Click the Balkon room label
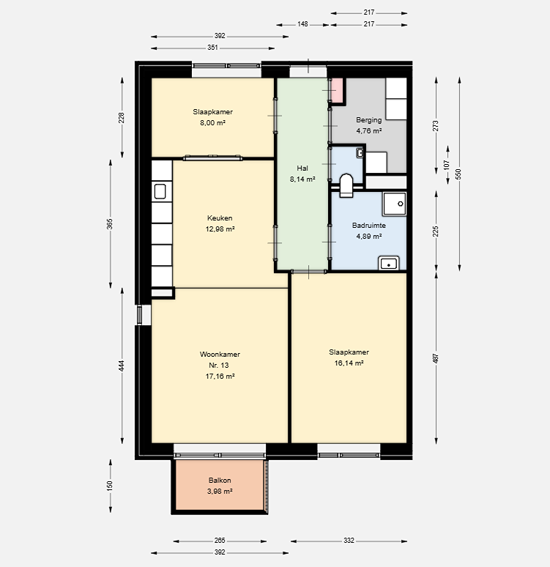(220, 481)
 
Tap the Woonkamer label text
(220, 355)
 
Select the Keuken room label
(220, 218)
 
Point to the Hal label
(302, 168)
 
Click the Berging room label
(369, 120)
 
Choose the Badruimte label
(369, 226)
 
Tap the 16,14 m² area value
(349, 363)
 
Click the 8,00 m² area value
(212, 123)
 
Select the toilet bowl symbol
(346, 185)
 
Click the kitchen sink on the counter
(160, 192)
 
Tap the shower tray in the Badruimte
(395, 204)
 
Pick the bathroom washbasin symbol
(389, 263)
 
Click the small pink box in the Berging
(337, 90)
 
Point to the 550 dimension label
(459, 174)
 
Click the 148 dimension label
(302, 24)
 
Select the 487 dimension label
(436, 358)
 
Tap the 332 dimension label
(349, 541)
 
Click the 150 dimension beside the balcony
(110, 485)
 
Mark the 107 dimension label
(447, 166)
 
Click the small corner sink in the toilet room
(360, 153)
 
